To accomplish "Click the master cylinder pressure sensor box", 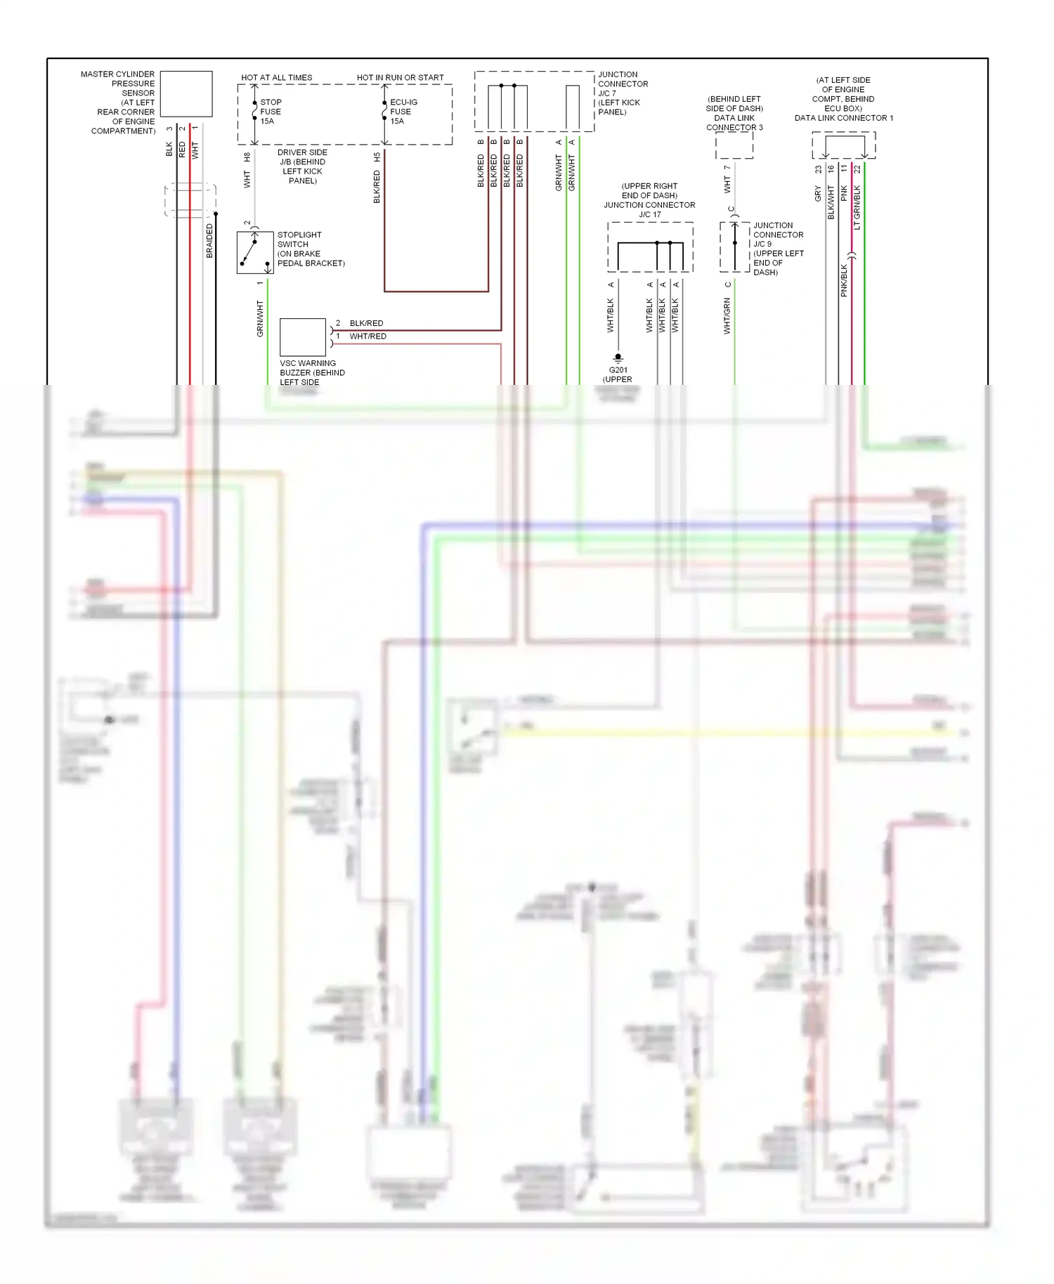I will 186,93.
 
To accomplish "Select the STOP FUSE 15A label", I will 271,112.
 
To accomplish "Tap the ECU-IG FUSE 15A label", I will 403,112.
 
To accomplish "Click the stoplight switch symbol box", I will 255,253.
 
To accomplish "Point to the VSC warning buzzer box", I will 303,337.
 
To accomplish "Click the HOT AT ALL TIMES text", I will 277,78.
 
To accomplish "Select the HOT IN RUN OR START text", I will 400,78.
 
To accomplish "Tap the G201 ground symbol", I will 618,358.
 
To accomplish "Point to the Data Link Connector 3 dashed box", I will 734,145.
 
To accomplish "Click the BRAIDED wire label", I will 209,241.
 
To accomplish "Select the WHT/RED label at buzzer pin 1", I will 367,336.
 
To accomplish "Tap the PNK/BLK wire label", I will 844,280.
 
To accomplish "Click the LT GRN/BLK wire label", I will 857,207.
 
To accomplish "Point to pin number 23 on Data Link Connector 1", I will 818,169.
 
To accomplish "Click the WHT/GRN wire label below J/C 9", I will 727,315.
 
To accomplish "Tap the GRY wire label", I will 818,194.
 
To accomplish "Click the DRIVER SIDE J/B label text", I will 302,166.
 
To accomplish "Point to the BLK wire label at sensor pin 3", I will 169,149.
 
